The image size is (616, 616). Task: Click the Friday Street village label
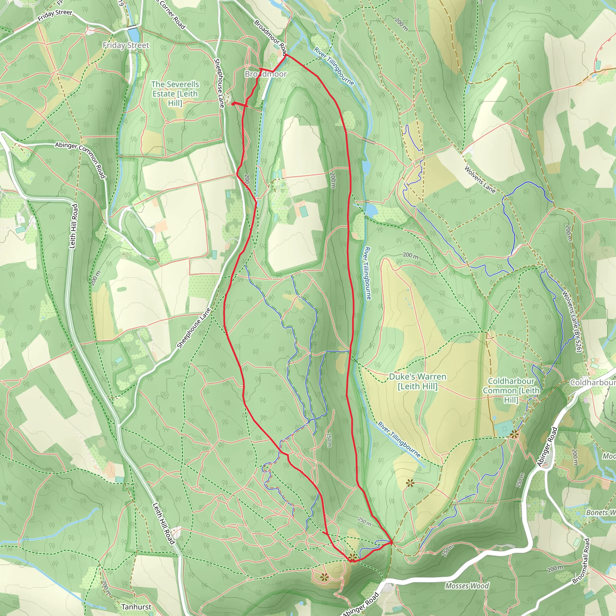(x=126, y=45)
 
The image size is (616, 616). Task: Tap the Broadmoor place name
(x=266, y=74)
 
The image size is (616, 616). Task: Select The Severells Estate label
(x=175, y=94)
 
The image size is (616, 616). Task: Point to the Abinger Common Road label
(x=80, y=159)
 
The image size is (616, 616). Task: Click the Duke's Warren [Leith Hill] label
(x=417, y=381)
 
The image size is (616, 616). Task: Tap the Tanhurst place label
(x=136, y=607)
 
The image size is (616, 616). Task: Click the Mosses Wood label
(x=467, y=586)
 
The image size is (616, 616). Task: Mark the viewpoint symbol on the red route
(x=352, y=557)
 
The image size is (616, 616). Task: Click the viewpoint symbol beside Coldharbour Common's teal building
(x=514, y=434)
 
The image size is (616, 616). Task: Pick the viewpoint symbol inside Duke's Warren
(x=410, y=483)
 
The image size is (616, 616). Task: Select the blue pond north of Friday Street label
(x=133, y=32)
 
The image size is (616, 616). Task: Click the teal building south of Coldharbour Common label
(x=504, y=428)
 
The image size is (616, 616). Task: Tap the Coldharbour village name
(x=593, y=382)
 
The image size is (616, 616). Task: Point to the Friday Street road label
(x=55, y=15)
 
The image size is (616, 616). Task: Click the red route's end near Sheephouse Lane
(x=233, y=104)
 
